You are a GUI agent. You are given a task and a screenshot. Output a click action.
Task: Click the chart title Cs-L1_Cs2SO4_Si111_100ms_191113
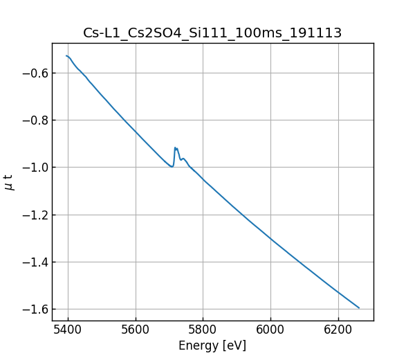(x=212, y=33)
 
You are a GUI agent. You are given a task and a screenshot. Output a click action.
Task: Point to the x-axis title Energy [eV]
(x=212, y=345)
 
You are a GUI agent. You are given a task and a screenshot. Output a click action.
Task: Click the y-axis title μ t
(x=9, y=182)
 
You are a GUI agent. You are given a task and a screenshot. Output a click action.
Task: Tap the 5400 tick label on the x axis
(x=68, y=330)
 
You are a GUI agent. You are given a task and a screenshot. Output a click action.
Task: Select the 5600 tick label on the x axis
(x=136, y=330)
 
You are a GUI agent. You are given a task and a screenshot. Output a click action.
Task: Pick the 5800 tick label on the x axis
(x=203, y=330)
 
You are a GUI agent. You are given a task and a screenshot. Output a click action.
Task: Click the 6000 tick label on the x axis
(x=270, y=330)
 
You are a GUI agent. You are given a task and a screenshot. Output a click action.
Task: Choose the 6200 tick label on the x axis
(x=338, y=330)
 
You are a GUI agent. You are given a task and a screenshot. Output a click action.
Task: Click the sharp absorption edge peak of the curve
(x=176, y=147)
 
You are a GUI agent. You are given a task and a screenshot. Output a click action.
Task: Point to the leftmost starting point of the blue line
(x=66, y=55)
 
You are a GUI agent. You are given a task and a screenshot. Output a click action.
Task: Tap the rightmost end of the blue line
(x=359, y=308)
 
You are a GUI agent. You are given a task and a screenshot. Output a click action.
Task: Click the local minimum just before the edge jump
(x=172, y=167)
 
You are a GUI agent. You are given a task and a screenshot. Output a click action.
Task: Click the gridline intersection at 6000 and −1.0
(x=270, y=168)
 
